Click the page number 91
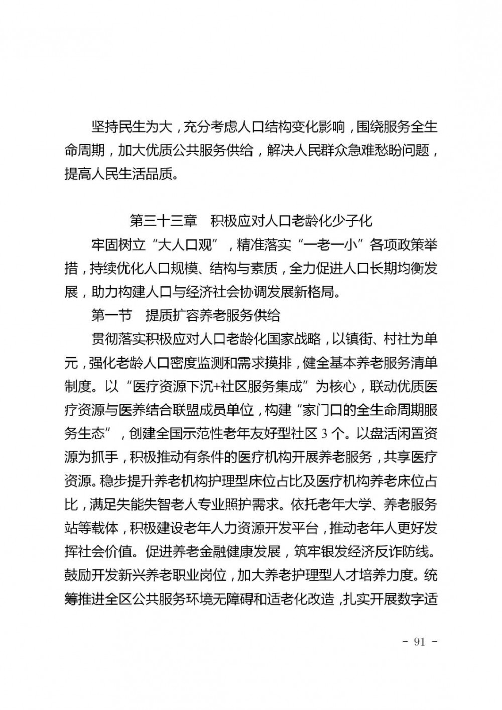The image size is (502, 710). point(419,642)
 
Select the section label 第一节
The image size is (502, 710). point(111,315)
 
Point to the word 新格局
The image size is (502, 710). point(310,292)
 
